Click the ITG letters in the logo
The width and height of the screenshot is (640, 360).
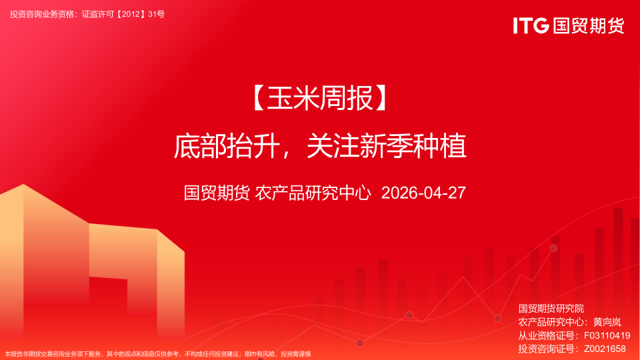coord(531,25)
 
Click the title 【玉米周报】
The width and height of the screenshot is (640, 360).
coord(320,100)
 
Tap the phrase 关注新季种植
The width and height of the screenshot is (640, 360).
coord(386,146)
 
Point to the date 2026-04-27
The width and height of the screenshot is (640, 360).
coord(423,193)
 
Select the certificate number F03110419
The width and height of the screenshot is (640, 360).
coord(606,335)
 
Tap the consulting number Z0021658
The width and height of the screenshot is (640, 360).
coord(605,349)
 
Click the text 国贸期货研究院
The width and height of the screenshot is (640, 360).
coord(551,309)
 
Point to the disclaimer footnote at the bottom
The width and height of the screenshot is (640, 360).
coord(158,354)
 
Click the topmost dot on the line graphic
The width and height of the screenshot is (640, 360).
coord(553,248)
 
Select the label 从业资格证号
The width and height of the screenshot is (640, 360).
coord(546,335)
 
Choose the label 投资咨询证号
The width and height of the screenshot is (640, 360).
coord(546,349)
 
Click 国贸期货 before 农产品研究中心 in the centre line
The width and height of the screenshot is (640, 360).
coord(217,193)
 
